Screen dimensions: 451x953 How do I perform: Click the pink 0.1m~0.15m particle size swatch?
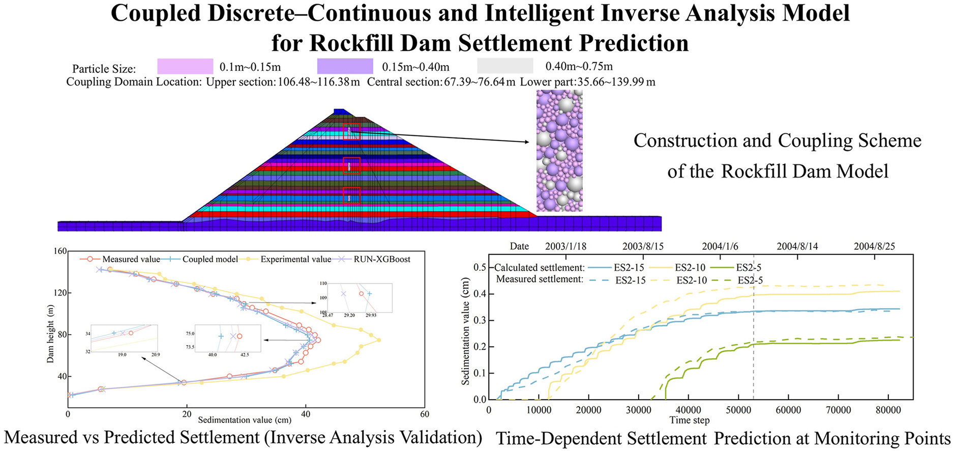[x=185, y=66]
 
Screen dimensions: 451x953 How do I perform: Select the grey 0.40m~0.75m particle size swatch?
[x=505, y=66]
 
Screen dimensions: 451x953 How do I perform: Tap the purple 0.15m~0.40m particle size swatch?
[x=345, y=66]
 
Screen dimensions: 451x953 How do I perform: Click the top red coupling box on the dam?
[x=351, y=131]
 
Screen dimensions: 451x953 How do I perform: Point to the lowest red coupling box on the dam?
[x=351, y=196]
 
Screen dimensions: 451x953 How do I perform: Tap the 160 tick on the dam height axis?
[x=60, y=251]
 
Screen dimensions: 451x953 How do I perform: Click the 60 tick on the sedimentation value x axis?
[x=424, y=414]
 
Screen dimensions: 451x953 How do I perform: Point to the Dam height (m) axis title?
[x=50, y=334]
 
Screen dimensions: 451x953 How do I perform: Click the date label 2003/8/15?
[x=643, y=246]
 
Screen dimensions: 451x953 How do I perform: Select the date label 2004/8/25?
[x=874, y=246]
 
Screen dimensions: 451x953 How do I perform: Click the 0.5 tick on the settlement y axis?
[x=480, y=268]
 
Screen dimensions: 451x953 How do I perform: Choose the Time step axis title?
[x=689, y=420]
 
